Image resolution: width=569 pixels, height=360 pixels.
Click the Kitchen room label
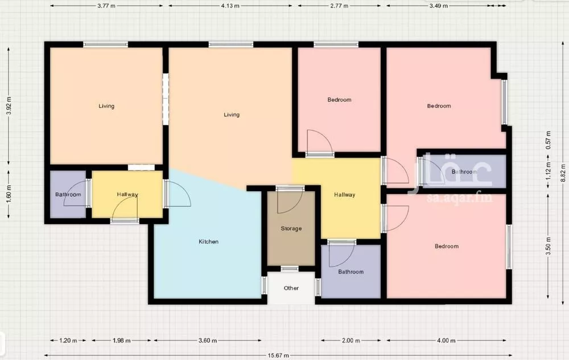[209, 242]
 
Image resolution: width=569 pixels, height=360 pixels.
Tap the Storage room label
[291, 229]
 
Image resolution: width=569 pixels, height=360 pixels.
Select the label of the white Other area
[291, 288]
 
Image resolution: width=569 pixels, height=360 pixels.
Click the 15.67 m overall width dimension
[278, 355]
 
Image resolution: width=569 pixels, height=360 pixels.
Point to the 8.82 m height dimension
[563, 173]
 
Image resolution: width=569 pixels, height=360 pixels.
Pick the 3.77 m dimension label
[106, 6]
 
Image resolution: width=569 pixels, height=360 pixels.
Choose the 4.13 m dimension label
[230, 6]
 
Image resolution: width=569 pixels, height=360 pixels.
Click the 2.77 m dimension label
[339, 6]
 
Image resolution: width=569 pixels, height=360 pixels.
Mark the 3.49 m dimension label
[438, 6]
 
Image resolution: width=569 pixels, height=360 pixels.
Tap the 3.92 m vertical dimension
[9, 106]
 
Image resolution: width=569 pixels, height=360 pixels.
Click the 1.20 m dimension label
[68, 341]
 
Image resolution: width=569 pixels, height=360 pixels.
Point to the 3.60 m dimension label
[208, 341]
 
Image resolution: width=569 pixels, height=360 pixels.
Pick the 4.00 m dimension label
[446, 341]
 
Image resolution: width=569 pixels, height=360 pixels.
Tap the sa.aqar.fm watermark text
[459, 197]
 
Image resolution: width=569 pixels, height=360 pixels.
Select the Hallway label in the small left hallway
[127, 195]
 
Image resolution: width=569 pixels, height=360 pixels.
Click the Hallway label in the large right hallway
[344, 195]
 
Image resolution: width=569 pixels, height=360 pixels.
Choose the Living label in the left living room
[106, 106]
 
